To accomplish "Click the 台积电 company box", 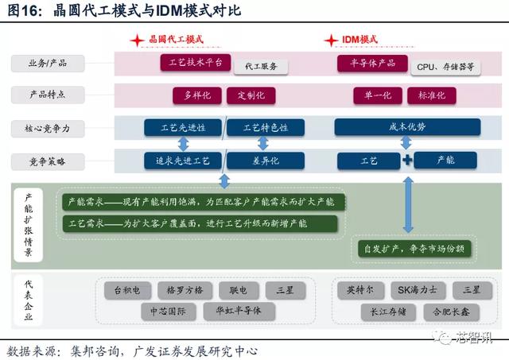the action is pyautogui.click(x=127, y=290).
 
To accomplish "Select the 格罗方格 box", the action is pyautogui.click(x=185, y=290).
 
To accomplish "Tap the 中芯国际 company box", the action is pyautogui.click(x=168, y=312).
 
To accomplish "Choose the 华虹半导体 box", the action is pyautogui.click(x=239, y=312).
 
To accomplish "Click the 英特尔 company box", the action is pyautogui.click(x=360, y=290).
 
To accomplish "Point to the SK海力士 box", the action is pyautogui.click(x=418, y=290).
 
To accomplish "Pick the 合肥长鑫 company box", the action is pyautogui.click(x=451, y=312).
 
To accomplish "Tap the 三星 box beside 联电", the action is pyautogui.click(x=286, y=290).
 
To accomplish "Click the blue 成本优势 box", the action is pyautogui.click(x=407, y=127).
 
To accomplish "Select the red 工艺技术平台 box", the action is pyautogui.click(x=196, y=63).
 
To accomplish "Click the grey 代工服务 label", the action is pyautogui.click(x=261, y=67).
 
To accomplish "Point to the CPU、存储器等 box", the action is pyautogui.click(x=445, y=67).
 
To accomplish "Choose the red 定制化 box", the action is pyautogui.click(x=251, y=95).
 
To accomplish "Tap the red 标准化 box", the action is pyautogui.click(x=431, y=95).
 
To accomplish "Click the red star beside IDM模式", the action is pyautogui.click(x=331, y=41).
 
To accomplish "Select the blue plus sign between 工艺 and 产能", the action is pyautogui.click(x=407, y=160).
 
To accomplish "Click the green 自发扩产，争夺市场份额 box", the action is pyautogui.click(x=414, y=249).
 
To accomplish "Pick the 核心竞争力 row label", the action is pyautogui.click(x=48, y=129).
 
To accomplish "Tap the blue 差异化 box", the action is pyautogui.click(x=266, y=161).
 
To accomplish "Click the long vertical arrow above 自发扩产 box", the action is pyautogui.click(x=408, y=205).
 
